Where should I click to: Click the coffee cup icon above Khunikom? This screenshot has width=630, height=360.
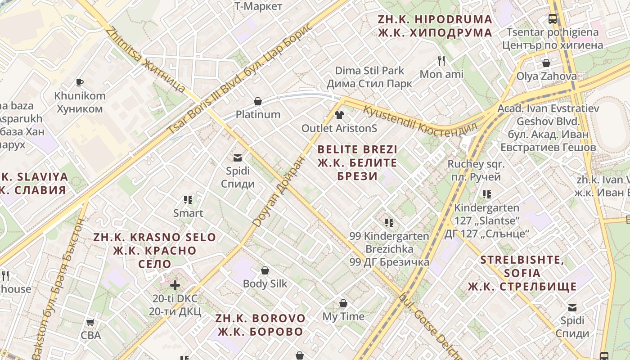coord(80,82)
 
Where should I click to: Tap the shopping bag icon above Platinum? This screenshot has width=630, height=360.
coord(258,101)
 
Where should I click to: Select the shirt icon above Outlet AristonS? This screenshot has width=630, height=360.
coord(339,115)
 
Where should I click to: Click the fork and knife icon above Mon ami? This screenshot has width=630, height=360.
coord(441,61)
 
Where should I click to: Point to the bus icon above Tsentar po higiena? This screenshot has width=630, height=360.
coord(553,19)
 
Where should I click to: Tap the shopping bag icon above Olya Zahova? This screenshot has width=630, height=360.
coord(546,63)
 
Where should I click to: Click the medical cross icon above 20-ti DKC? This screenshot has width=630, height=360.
coord(175,285)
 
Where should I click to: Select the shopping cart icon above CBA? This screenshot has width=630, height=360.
coord(90,322)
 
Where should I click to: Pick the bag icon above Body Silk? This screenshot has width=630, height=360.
coord(265,270)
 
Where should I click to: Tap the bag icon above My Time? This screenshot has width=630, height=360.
coord(343,303)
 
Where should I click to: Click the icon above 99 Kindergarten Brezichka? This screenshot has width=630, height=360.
coord(389,222)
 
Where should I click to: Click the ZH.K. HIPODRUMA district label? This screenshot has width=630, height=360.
coord(435,26)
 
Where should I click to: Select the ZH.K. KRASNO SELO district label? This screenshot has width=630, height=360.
coord(154,250)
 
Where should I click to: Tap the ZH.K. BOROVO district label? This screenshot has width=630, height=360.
coord(261,325)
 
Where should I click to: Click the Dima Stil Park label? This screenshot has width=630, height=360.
coord(369,77)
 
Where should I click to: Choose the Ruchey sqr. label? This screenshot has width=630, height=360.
coord(476,171)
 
